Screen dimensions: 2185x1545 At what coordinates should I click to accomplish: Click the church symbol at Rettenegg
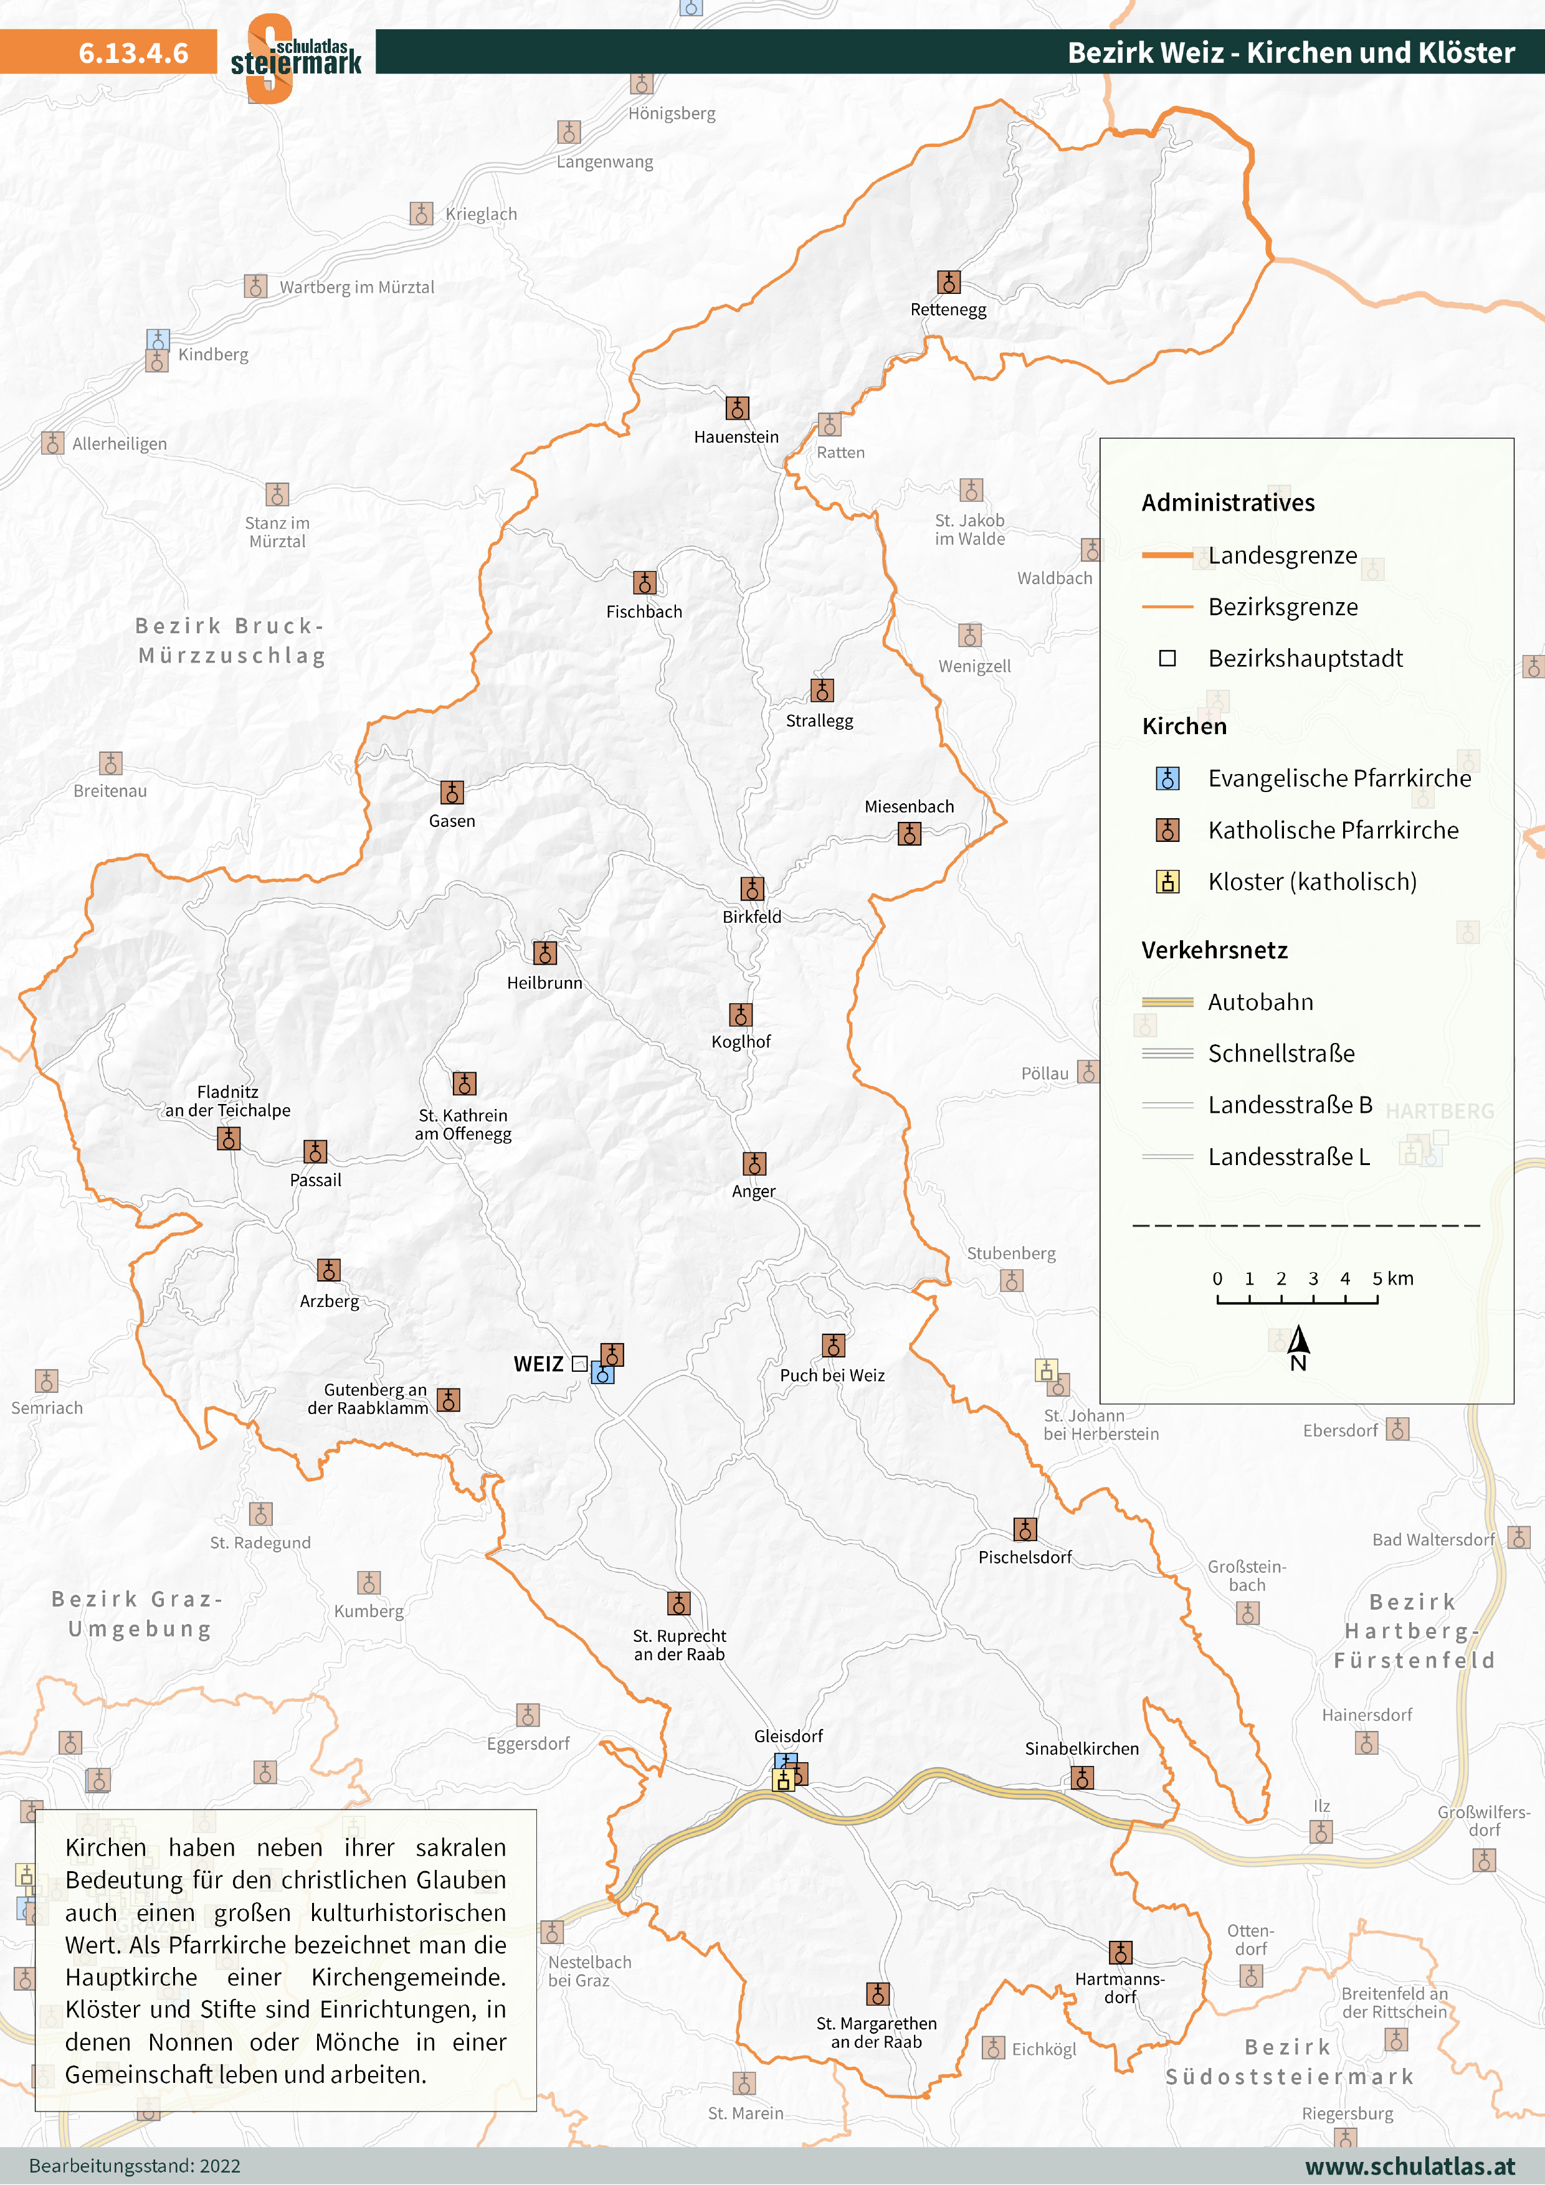pyautogui.click(x=948, y=283)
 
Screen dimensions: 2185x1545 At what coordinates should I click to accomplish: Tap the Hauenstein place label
pyautogui.click(x=736, y=437)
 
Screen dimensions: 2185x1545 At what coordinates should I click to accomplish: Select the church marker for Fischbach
pyautogui.click(x=644, y=582)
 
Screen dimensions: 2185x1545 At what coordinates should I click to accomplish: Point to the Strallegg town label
pyautogui.click(x=819, y=720)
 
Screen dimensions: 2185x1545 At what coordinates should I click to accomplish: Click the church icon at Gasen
pyautogui.click(x=451, y=793)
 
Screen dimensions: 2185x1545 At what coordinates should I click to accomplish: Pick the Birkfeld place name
pyautogui.click(x=751, y=917)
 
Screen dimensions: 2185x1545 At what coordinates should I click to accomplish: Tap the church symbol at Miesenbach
pyautogui.click(x=909, y=834)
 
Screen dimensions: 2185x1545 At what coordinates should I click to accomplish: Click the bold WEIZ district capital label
pyautogui.click(x=538, y=1364)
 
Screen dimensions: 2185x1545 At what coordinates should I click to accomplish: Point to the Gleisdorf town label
pyautogui.click(x=788, y=1736)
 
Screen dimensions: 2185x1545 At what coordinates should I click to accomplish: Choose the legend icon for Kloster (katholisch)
pyautogui.click(x=1167, y=882)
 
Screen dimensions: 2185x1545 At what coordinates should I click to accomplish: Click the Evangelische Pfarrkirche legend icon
pyautogui.click(x=1167, y=778)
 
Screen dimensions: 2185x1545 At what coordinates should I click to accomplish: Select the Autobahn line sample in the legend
pyautogui.click(x=1167, y=1002)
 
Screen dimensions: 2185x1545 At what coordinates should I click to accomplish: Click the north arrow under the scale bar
pyautogui.click(x=1298, y=1342)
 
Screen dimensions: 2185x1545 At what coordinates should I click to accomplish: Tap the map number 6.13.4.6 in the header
pyautogui.click(x=133, y=52)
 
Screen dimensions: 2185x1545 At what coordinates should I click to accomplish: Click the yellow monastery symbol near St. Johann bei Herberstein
pyautogui.click(x=1046, y=1371)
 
